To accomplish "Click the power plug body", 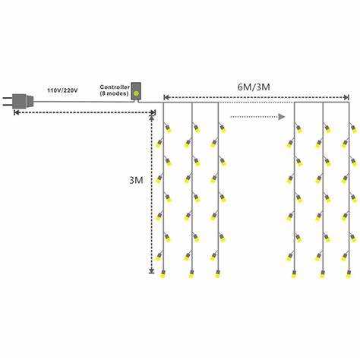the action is (23, 101).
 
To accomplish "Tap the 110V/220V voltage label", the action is (62, 90).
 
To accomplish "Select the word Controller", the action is (115, 87).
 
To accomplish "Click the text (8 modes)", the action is (114, 93).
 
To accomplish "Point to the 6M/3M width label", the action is (254, 87).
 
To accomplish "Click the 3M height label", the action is (136, 180).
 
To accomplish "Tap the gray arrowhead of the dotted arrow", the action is (282, 117).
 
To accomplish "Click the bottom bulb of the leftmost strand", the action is (163, 274).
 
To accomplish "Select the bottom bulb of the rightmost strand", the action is (349, 274).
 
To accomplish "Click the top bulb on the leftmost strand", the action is (169, 129).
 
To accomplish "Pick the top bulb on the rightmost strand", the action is (354, 129).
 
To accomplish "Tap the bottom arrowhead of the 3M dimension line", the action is (151, 271).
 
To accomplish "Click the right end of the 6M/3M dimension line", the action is (349, 97).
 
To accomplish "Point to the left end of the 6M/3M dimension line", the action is (164, 97).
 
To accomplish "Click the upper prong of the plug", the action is (8, 97).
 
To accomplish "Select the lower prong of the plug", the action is (8, 104).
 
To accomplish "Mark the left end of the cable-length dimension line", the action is (14, 112).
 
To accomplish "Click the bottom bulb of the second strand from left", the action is (191, 274).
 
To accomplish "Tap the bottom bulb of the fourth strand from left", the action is (294, 274).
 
